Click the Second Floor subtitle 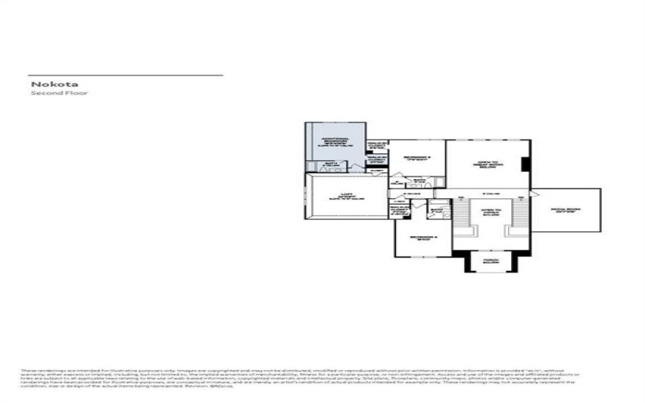(x=59, y=93)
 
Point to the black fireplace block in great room (x=525, y=164)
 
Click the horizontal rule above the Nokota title (x=126, y=75)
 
